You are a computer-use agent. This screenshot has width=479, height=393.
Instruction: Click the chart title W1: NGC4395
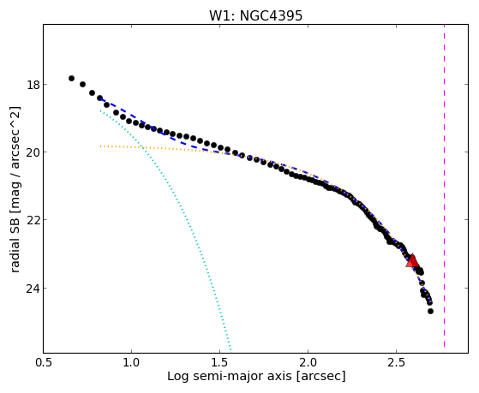[x=255, y=15]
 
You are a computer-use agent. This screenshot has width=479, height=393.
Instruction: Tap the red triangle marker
[x=412, y=260]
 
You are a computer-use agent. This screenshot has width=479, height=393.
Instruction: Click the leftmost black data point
[x=71, y=79]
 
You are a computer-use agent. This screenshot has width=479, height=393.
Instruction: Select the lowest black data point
[x=430, y=311]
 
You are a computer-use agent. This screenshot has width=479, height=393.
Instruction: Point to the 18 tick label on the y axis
[x=33, y=85]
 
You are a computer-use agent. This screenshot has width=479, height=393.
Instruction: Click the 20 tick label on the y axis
[x=33, y=152]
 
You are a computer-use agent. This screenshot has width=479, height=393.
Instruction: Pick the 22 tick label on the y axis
[x=33, y=220]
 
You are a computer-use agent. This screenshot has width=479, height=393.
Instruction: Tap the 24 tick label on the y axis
[x=33, y=289]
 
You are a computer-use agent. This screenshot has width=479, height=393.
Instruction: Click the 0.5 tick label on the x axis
[x=44, y=362]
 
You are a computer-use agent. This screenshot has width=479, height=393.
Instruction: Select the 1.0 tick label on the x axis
[x=131, y=362]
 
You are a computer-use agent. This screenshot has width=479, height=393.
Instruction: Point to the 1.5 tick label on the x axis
[x=219, y=362]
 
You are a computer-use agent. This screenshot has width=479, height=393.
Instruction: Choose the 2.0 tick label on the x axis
[x=308, y=362]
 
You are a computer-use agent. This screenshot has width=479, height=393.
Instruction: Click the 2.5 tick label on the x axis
[x=396, y=362]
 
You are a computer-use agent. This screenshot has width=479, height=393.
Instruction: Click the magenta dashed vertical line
[x=444, y=186]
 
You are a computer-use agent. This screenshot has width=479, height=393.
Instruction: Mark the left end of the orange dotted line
[x=100, y=146]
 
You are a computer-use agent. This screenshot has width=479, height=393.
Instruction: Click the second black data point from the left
[x=82, y=84]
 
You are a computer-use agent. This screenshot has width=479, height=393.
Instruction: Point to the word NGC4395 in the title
[x=271, y=15]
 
